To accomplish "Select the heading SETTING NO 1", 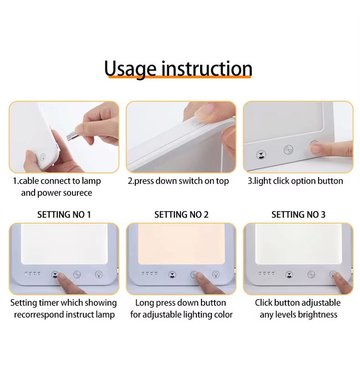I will [64, 214].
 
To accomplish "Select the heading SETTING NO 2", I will [181, 214].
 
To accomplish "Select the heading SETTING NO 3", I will [298, 214].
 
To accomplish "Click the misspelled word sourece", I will [76, 193].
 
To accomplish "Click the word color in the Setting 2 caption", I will [222, 314].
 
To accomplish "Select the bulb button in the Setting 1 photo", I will [98, 275].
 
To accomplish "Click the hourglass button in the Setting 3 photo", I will [289, 275].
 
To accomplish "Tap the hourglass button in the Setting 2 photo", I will [172, 275].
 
